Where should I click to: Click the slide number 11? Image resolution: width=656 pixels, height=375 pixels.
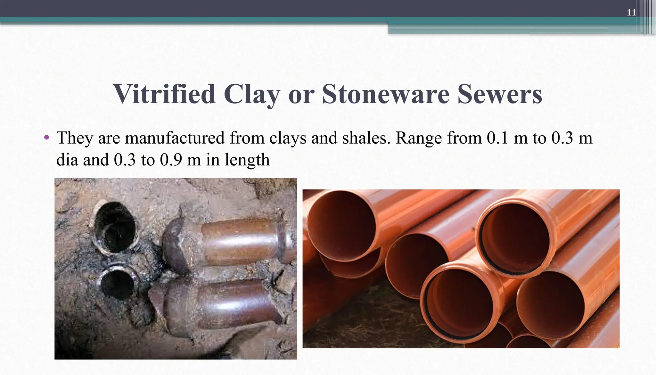[631, 13]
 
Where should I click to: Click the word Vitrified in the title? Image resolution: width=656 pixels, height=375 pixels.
[164, 94]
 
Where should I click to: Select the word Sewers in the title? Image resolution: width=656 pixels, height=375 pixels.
[500, 94]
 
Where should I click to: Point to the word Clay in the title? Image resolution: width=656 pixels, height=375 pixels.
[252, 94]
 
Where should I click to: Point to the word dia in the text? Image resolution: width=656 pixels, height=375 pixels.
[67, 160]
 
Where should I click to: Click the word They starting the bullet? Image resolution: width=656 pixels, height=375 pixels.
[74, 138]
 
